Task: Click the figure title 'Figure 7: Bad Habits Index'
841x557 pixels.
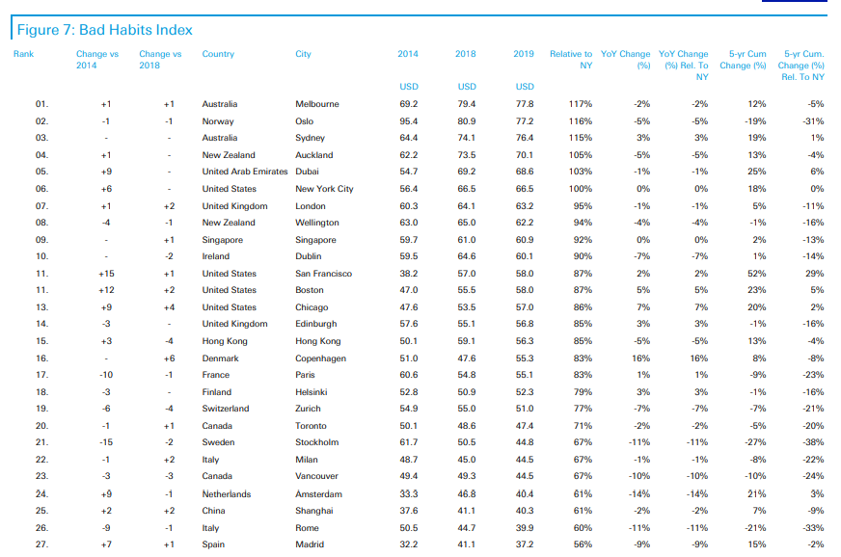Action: [x=104, y=30]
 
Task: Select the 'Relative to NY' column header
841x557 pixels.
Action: [x=571, y=60]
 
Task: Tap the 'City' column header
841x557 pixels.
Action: [x=303, y=54]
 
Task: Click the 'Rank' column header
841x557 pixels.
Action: [x=23, y=54]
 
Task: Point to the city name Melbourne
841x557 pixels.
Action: [x=317, y=104]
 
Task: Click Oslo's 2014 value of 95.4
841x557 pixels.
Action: [x=409, y=121]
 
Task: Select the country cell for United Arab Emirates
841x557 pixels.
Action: [x=245, y=172]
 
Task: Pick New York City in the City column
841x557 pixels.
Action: [x=324, y=189]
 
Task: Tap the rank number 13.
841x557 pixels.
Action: [x=41, y=307]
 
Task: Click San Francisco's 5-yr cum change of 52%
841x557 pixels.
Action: [x=757, y=274]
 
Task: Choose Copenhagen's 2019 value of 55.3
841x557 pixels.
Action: [x=525, y=358]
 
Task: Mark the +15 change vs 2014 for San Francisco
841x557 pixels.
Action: [x=106, y=274]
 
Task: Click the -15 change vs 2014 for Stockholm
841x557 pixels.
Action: [x=106, y=442]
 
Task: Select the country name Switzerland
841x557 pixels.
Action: [x=226, y=409]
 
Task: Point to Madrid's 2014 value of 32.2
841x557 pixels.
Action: [x=409, y=544]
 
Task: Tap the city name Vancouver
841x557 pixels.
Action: [x=317, y=476]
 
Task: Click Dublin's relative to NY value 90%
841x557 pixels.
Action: [x=583, y=256]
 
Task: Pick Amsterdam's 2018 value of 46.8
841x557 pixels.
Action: [x=467, y=493]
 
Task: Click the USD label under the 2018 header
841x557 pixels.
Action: [x=467, y=87]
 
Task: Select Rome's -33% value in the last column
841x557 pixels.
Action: [x=813, y=528]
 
